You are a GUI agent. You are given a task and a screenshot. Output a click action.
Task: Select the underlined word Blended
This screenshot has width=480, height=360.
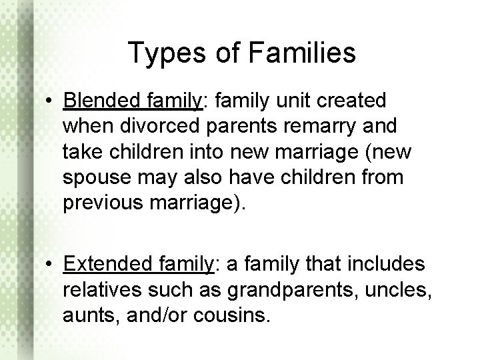pos(98,101)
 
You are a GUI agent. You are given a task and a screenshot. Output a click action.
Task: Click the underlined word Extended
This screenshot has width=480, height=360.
pos(102,265)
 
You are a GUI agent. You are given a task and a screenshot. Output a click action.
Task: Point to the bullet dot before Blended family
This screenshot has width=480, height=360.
pos(51,102)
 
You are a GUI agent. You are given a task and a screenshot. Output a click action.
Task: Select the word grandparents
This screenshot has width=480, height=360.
pos(278,290)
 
